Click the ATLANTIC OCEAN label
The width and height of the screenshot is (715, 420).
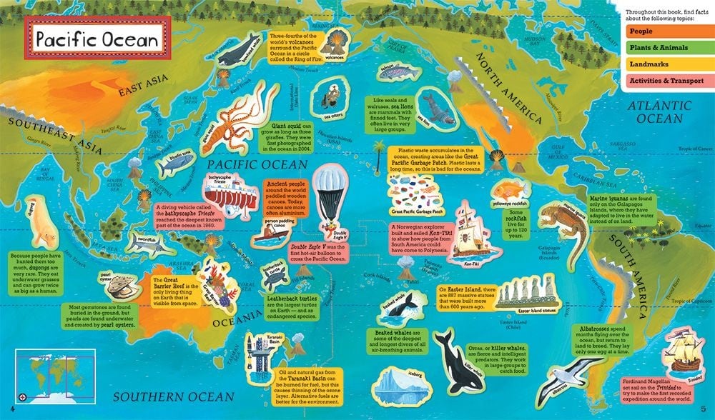coord(658,113)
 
